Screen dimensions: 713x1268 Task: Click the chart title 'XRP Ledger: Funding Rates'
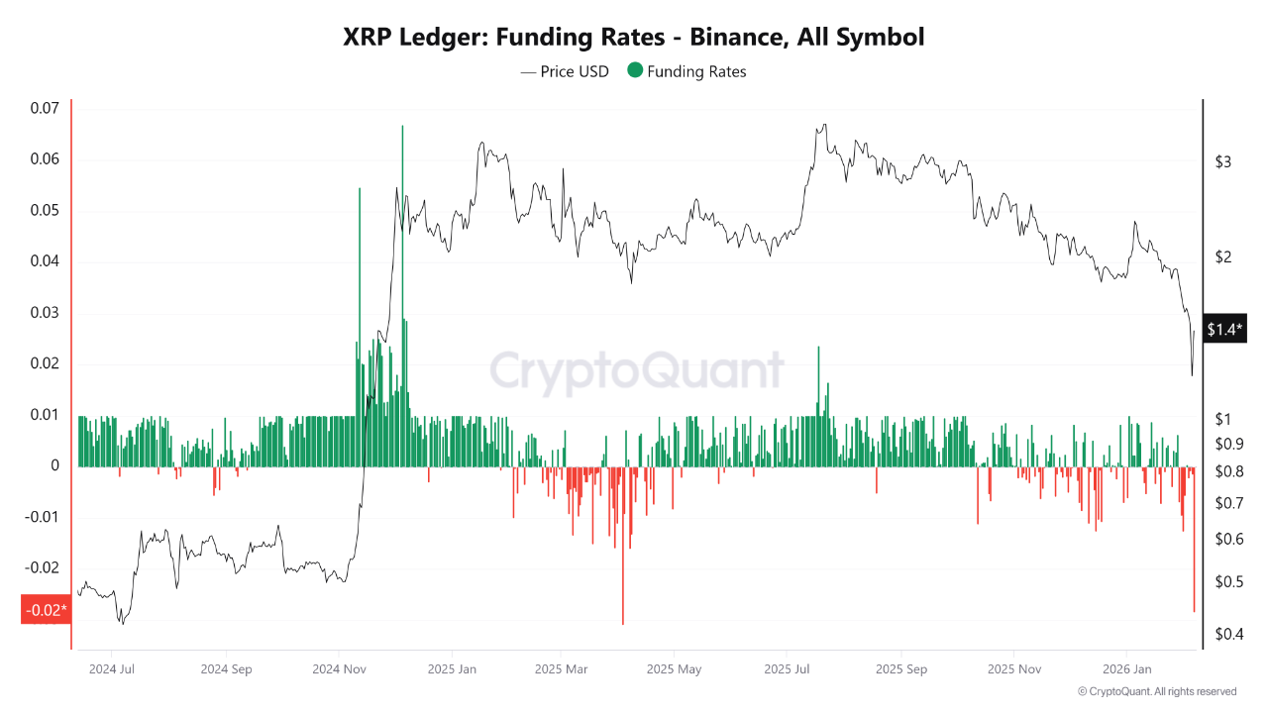tap(633, 38)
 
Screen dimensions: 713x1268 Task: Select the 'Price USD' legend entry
tap(565, 71)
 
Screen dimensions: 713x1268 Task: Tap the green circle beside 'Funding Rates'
tap(635, 70)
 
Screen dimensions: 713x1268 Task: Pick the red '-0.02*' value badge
tap(46, 609)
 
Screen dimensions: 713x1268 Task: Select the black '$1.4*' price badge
tap(1225, 329)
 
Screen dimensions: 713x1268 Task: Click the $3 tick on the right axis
tap(1222, 161)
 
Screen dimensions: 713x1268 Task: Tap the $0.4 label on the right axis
tap(1227, 634)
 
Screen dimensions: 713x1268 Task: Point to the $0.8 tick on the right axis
tap(1227, 471)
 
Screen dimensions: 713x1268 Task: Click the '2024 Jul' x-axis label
tap(112, 668)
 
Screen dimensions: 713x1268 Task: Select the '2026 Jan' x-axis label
tap(1133, 668)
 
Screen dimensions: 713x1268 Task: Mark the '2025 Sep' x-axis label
tap(901, 668)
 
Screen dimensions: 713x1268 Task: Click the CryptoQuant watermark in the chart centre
tap(636, 372)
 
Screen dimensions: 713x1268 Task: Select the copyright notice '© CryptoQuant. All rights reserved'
tap(1156, 691)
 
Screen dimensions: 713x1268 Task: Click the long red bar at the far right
tap(1194, 555)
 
